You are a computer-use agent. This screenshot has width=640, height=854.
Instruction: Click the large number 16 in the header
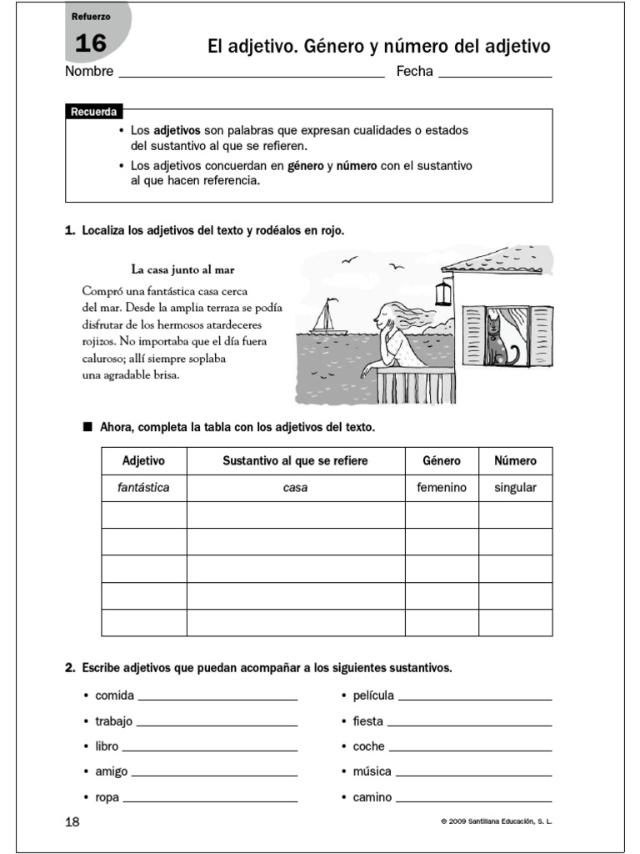click(x=91, y=43)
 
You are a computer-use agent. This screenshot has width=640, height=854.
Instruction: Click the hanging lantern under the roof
click(x=445, y=293)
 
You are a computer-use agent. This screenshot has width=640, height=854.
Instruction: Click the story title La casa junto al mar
click(x=182, y=269)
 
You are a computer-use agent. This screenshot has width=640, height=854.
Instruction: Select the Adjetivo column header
click(x=144, y=460)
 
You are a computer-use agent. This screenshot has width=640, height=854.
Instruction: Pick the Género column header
click(x=442, y=460)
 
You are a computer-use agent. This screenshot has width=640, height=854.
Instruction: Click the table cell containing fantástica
click(x=144, y=488)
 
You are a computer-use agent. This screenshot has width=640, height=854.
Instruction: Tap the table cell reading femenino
click(x=442, y=488)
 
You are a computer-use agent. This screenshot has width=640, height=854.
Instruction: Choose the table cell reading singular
click(x=515, y=488)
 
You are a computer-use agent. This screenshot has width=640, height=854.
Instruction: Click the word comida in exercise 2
click(x=115, y=696)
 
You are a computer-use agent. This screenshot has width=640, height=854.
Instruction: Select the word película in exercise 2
click(x=373, y=696)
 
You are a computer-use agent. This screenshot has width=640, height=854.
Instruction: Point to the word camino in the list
click(x=372, y=798)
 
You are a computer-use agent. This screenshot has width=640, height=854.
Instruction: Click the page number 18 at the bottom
click(x=72, y=822)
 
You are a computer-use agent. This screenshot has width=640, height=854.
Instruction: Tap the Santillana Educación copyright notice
click(x=497, y=823)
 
